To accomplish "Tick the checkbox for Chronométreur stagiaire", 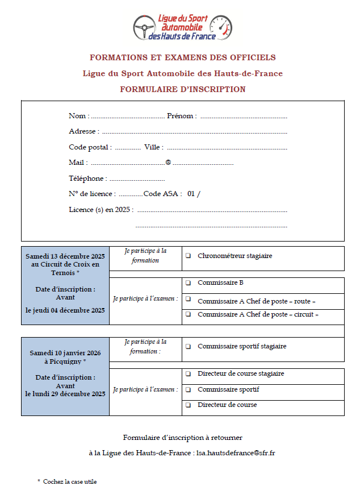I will coord(188,256).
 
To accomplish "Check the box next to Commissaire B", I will coord(188,282).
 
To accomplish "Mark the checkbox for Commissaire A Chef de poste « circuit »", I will coord(188,314).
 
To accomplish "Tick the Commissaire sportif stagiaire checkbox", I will coord(188,346).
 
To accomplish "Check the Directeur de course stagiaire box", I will coord(188,374).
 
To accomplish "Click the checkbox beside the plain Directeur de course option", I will coord(188,405).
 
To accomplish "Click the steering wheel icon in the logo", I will coord(144,27).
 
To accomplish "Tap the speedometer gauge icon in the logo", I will coord(220,27).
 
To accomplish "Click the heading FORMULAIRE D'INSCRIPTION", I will coord(182,89).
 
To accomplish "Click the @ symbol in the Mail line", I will coord(168,163).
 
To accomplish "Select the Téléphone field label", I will coord(88,178).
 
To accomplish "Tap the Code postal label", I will coord(90,147).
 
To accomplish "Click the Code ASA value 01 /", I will coord(194,194).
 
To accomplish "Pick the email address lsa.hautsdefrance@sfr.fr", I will coord(236,453).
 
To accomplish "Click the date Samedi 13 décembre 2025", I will coord(65,256).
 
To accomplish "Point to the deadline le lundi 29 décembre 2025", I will coord(65,394).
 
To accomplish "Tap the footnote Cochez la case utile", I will coord(70,481).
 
